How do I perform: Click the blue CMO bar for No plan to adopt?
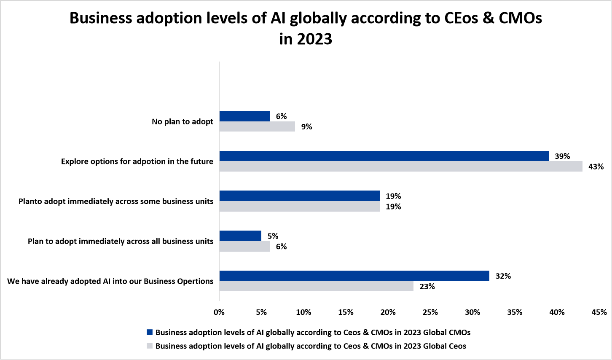(x=244, y=116)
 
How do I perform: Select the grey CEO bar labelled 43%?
(x=400, y=167)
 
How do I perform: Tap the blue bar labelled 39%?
(x=384, y=156)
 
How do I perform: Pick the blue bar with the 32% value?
(x=354, y=276)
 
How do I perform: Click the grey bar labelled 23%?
(x=316, y=286)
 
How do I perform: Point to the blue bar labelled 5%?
(x=240, y=236)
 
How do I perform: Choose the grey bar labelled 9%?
(x=257, y=126)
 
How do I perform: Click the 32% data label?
(x=503, y=276)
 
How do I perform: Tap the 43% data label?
(x=596, y=167)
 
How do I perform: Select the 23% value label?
(x=427, y=287)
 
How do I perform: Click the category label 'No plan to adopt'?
(x=183, y=121)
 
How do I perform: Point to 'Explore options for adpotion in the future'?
(x=137, y=161)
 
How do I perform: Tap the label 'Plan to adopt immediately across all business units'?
(x=121, y=241)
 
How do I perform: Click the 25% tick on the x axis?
(x=430, y=312)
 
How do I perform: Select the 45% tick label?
(x=599, y=312)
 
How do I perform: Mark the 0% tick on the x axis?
(x=219, y=312)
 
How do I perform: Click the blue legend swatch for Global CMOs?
(x=150, y=332)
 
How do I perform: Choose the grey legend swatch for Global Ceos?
(x=150, y=346)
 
